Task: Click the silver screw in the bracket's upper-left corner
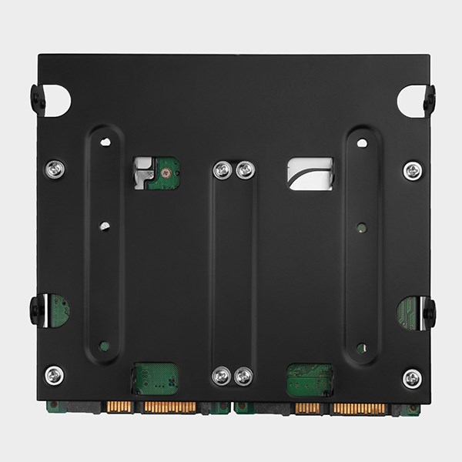point(54,169)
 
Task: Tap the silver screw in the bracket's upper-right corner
point(413,170)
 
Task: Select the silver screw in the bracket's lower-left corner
point(54,375)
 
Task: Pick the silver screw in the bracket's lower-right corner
point(412,377)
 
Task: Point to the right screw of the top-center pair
point(245,170)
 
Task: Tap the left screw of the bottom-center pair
point(222,376)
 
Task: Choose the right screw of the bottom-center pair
point(243,376)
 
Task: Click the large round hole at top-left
point(58,101)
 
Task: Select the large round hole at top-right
point(410,101)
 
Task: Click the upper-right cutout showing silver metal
point(310,173)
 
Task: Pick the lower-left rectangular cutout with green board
point(156,378)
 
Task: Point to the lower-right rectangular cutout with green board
point(310,380)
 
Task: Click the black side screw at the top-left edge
point(36,99)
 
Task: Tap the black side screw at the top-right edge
point(429,99)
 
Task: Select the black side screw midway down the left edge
point(36,310)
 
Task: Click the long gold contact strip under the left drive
point(170,407)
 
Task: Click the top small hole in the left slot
point(105,142)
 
